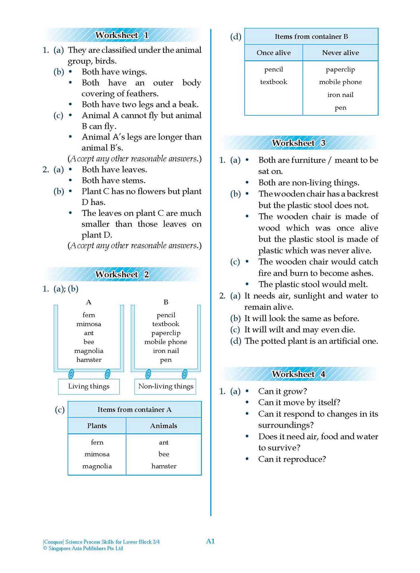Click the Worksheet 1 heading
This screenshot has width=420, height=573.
(122, 35)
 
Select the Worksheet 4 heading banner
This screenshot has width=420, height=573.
(299, 374)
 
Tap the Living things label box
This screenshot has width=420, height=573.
(89, 386)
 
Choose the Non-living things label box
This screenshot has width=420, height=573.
(165, 386)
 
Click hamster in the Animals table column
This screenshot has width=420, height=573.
(164, 466)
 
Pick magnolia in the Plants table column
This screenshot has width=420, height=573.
(97, 466)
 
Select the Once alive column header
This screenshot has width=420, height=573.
(274, 53)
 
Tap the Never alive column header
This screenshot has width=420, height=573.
(340, 53)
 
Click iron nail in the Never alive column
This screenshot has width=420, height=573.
(340, 95)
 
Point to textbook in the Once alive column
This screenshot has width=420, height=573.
(274, 82)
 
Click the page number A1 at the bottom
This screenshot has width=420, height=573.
(210, 541)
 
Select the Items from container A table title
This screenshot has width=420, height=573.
(135, 410)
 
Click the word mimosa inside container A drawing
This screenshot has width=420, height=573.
(89, 324)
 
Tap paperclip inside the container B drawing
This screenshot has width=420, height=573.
(166, 333)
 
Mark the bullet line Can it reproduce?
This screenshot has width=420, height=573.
(292, 459)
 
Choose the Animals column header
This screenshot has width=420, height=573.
(164, 426)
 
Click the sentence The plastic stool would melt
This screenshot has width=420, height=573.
(313, 284)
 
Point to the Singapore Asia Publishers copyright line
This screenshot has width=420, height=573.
(83, 548)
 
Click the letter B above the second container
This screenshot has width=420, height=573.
(166, 302)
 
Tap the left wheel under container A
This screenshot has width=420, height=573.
(71, 373)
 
